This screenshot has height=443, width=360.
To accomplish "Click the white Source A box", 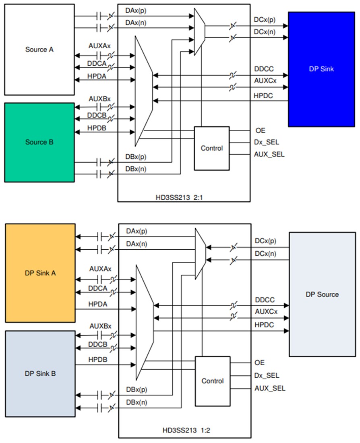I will [39, 50].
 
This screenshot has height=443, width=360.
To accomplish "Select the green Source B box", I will [39, 142].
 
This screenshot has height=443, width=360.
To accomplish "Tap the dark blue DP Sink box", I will [321, 69].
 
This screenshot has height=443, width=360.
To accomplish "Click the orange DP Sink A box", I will [40, 273].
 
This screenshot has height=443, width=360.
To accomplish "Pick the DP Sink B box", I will [40, 373].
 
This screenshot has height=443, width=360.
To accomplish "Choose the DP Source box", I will [322, 294].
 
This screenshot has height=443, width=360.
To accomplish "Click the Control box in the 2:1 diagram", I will [212, 148].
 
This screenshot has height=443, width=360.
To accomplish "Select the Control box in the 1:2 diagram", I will [213, 381].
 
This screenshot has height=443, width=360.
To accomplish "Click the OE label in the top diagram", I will [260, 130].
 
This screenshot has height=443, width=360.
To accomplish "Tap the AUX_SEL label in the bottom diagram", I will [270, 388].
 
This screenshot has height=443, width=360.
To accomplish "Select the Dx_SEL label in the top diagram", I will [267, 142].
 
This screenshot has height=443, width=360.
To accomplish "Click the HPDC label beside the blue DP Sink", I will [264, 96].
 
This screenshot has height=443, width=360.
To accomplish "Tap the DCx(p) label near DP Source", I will [265, 241].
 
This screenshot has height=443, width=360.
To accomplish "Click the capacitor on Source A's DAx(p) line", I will [98, 17].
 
